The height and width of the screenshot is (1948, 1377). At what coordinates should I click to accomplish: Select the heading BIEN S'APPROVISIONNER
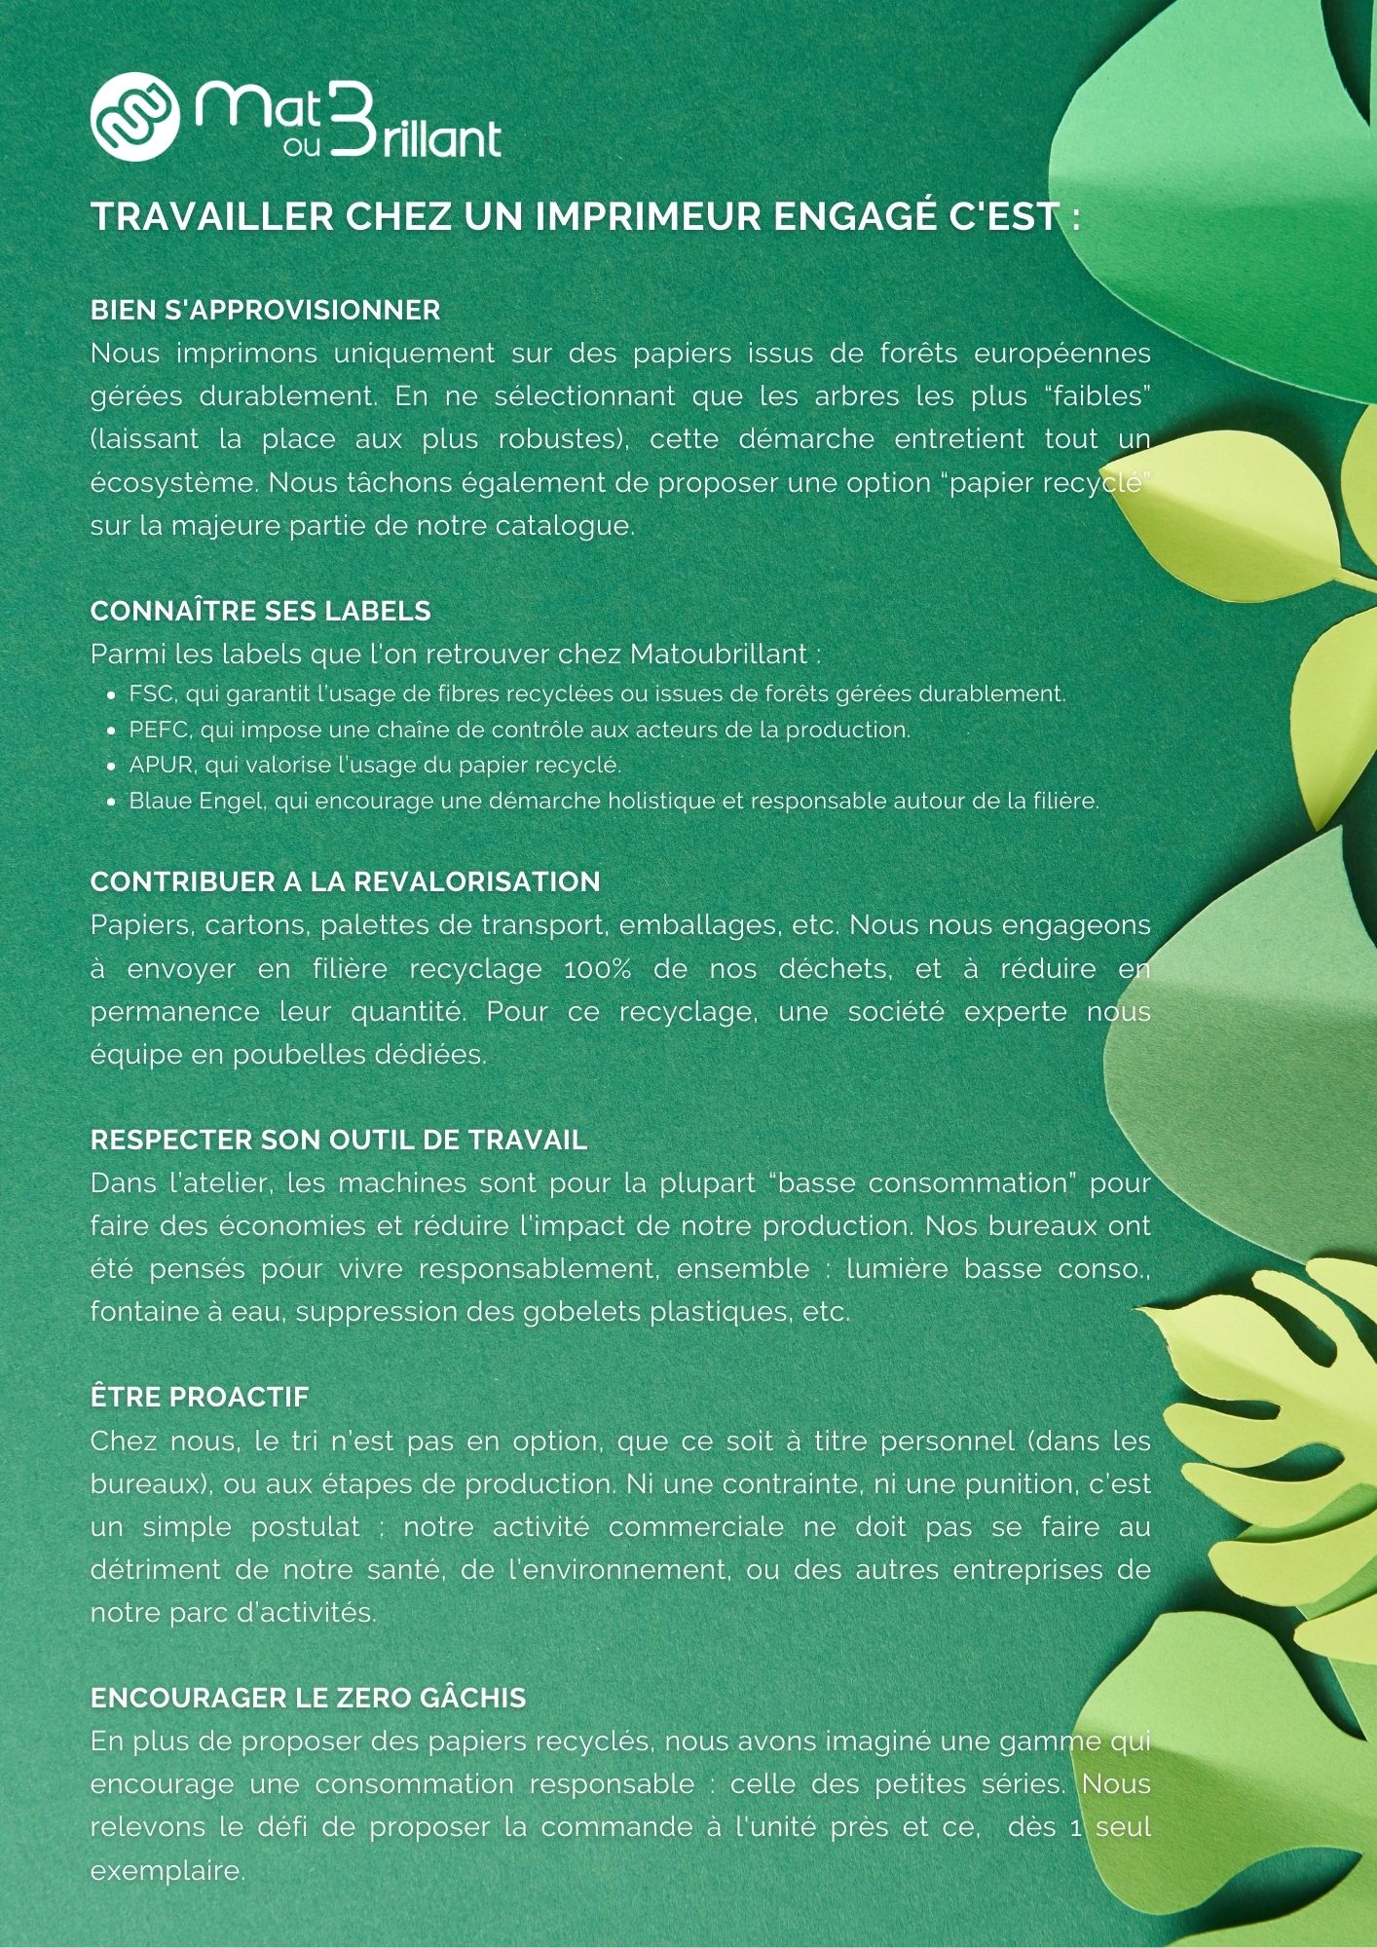pyautogui.click(x=265, y=311)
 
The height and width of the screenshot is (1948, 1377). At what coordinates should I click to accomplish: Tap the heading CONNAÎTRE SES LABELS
pyautogui.click(x=260, y=611)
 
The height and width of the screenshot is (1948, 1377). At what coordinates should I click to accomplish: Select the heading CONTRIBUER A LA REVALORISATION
pyautogui.click(x=345, y=881)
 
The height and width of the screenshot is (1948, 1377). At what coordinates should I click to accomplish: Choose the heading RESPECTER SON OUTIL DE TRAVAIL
pyautogui.click(x=338, y=1140)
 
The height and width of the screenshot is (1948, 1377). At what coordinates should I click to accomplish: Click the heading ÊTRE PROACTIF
pyautogui.click(x=199, y=1397)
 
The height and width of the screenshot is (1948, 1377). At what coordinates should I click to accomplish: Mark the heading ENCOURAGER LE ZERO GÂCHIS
pyautogui.click(x=308, y=1698)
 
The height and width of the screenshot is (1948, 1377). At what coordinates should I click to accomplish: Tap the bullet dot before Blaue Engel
pyautogui.click(x=111, y=803)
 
